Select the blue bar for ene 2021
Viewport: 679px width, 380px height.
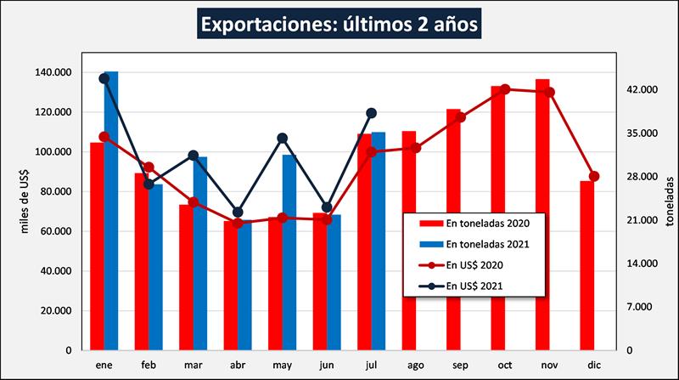pyautogui.click(x=111, y=213)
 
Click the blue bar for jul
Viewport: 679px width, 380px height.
pyautogui.click(x=378, y=241)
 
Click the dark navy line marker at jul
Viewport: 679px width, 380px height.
pyautogui.click(x=372, y=113)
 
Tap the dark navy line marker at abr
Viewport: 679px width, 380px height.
pyautogui.click(x=238, y=213)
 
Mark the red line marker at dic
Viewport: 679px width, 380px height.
pyautogui.click(x=594, y=176)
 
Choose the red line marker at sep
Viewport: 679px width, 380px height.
pyautogui.click(x=461, y=117)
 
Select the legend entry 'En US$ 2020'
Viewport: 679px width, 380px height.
pyautogui.click(x=475, y=265)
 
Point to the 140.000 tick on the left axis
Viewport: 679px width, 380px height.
pyautogui.click(x=52, y=72)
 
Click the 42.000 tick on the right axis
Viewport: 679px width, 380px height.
pyautogui.click(x=643, y=90)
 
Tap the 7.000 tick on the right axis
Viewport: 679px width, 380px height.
pyautogui.click(x=643, y=307)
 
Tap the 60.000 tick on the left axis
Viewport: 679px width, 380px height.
pyautogui.click(x=53, y=231)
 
